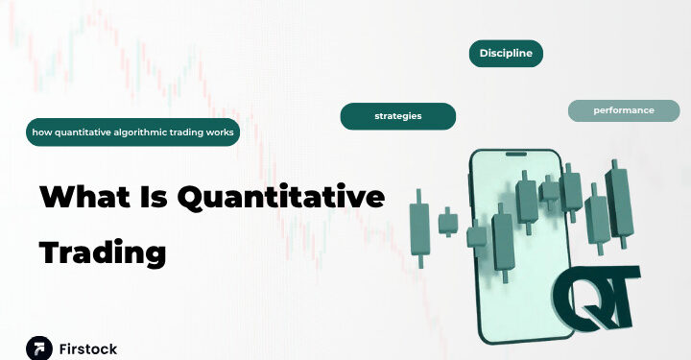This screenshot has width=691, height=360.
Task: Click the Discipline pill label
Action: (x=506, y=54)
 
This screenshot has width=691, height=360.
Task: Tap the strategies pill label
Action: (x=397, y=116)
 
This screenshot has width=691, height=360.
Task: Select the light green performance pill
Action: (x=623, y=110)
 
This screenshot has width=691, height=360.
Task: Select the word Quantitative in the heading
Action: (x=287, y=198)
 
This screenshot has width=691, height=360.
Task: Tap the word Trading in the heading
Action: (x=102, y=252)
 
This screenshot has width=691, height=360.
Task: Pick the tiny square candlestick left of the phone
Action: (x=447, y=224)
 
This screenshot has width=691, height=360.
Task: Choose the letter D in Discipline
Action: (x=484, y=54)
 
